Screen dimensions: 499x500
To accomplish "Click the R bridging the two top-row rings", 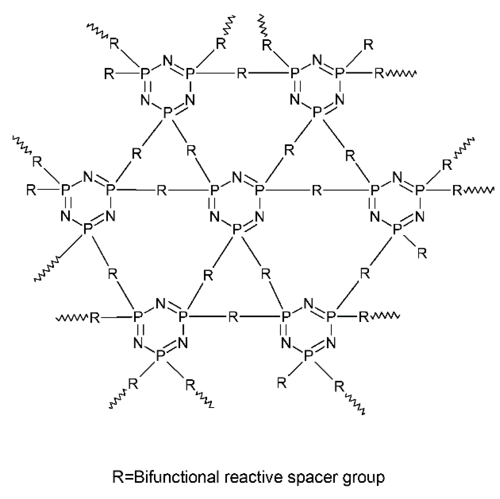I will (242, 73).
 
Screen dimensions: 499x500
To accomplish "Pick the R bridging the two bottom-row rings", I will (233, 317).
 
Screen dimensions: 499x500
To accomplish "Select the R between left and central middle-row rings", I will (162, 190).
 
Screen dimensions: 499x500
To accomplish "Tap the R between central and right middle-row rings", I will (317, 190).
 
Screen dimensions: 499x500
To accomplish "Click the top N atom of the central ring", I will (237, 178).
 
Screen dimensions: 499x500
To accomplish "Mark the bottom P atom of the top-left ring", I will (168, 113).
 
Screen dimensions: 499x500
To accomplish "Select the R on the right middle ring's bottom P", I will (422, 253).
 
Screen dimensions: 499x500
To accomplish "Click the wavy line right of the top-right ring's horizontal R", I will (401, 74).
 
